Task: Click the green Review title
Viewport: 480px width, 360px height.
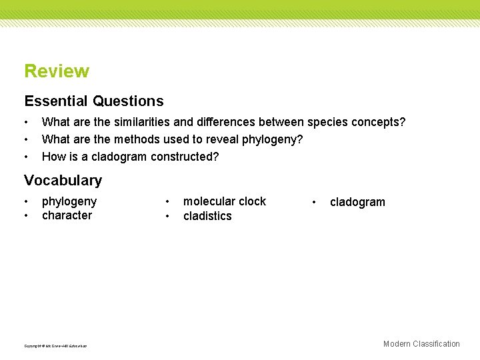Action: [x=57, y=71]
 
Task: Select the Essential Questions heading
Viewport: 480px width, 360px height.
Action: [x=94, y=101]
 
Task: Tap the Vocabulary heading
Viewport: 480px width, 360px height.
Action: [x=63, y=180]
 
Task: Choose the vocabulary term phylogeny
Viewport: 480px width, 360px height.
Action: [x=69, y=201]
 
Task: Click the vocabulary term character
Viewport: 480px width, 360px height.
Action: [x=67, y=215]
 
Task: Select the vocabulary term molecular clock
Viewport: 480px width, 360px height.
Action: [x=225, y=201]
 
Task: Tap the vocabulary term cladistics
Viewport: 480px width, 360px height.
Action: [x=207, y=216]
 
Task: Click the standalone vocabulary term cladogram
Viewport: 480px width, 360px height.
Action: [x=357, y=202]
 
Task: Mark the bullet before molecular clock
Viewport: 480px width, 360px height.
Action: [x=167, y=201]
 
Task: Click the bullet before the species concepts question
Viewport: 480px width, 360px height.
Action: [x=26, y=123]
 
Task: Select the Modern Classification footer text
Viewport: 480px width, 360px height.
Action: [x=421, y=344]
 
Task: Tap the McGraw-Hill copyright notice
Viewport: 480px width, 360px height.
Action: [x=55, y=346]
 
